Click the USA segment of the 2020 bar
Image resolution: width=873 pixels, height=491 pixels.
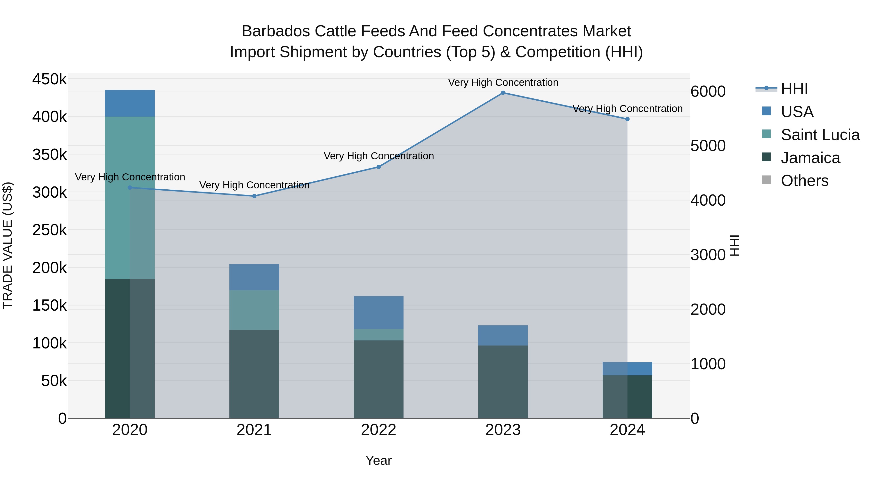(130, 103)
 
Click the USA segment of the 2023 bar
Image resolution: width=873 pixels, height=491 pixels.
(503, 336)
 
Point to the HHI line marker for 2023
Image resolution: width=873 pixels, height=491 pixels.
(503, 93)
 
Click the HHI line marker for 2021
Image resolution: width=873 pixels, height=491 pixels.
(254, 196)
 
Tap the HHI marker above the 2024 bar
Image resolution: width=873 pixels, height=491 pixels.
(627, 119)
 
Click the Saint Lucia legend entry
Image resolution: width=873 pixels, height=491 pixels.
(820, 135)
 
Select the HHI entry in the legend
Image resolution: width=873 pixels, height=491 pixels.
(794, 89)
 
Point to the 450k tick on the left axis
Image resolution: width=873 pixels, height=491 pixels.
(49, 79)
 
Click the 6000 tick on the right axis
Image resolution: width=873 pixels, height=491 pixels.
(708, 91)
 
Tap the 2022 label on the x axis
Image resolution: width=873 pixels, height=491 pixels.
(379, 430)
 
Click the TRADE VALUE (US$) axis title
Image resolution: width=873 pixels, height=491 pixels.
(8, 245)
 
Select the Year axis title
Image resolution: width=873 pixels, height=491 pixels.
(379, 460)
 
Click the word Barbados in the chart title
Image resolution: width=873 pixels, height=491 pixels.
(276, 31)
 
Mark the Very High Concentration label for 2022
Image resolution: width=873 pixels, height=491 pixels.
(379, 156)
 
